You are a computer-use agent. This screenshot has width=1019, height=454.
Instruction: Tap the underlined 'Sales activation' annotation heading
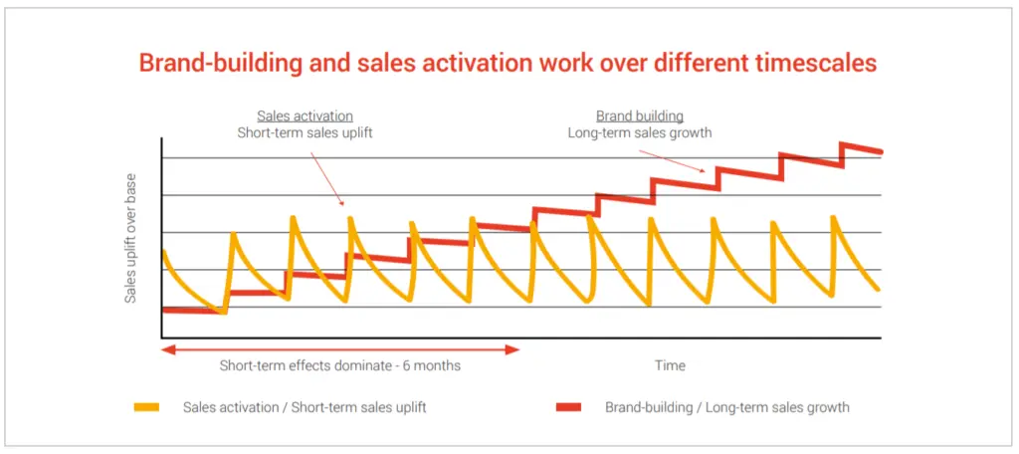pyautogui.click(x=305, y=116)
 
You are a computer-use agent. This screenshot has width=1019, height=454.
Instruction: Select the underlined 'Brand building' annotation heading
pyautogui.click(x=640, y=116)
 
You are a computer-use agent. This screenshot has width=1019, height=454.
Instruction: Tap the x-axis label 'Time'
pyautogui.click(x=670, y=365)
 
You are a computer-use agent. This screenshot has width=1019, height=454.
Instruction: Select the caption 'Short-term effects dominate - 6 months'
pyautogui.click(x=340, y=365)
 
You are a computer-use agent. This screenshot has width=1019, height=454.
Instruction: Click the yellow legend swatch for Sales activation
pyautogui.click(x=147, y=408)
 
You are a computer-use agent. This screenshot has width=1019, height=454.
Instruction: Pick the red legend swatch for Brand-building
pyautogui.click(x=569, y=408)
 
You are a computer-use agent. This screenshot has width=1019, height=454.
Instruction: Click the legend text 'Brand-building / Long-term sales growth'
pyautogui.click(x=727, y=408)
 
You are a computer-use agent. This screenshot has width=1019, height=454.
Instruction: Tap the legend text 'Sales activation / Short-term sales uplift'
pyautogui.click(x=305, y=408)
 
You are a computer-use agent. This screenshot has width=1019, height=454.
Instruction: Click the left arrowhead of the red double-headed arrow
pyautogui.click(x=166, y=349)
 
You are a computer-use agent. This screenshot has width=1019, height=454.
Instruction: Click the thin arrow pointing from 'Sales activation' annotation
pyautogui.click(x=326, y=179)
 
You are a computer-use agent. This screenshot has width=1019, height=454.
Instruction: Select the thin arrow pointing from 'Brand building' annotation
pyautogui.click(x=672, y=160)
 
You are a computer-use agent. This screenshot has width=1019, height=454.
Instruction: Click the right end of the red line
pyautogui.click(x=881, y=152)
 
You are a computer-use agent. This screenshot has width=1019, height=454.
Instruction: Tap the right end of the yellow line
pyautogui.click(x=878, y=290)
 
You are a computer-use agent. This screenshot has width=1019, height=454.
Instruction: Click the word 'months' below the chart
pyautogui.click(x=439, y=365)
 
